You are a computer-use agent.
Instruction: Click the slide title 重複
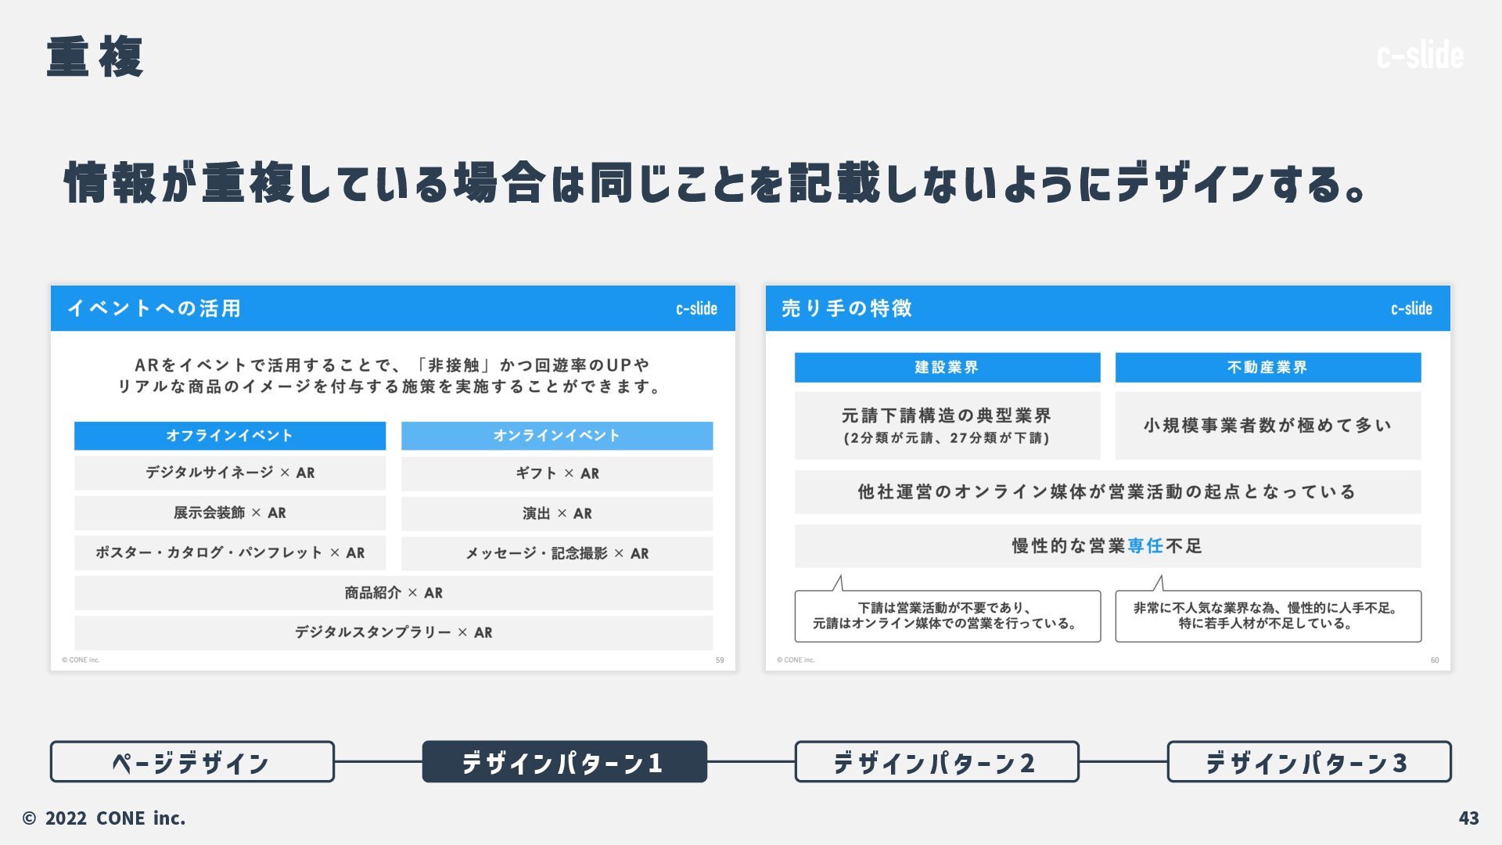95,56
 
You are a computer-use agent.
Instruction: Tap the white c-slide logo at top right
1420,56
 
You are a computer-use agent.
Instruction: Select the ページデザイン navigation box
192,761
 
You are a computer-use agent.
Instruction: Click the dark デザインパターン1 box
564,761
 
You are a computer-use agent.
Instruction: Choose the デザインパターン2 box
936,761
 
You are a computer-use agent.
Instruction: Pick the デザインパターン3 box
1309,761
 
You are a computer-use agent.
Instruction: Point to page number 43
1468,818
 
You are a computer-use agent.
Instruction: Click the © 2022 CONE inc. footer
104,818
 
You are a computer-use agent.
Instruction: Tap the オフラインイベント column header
229,436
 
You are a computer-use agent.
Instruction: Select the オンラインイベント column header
557,436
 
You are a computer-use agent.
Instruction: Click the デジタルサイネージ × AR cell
229,473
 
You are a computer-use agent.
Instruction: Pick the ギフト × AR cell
557,473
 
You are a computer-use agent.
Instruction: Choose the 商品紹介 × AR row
393,593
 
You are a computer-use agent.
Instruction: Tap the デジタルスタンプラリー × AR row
393,632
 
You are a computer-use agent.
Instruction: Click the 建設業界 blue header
947,367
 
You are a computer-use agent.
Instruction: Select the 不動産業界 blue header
1267,367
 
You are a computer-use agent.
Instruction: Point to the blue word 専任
1145,546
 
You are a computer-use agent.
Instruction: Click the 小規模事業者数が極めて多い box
1267,426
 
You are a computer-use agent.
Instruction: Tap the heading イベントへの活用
154,308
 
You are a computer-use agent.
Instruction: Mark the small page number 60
1435,660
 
